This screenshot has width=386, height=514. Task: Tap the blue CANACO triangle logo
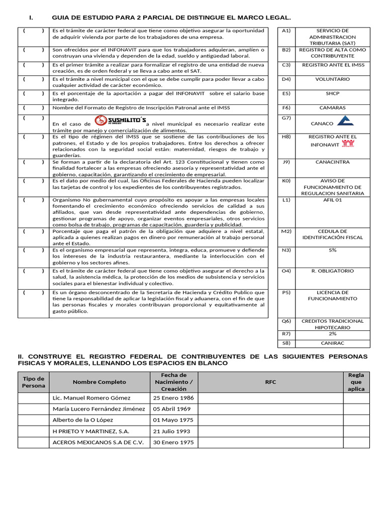(345, 121)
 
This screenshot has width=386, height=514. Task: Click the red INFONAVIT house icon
(348, 144)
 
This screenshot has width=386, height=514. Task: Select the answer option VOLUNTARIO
(332, 79)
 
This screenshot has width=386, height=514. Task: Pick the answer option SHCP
(332, 93)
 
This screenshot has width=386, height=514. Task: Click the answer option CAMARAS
(332, 107)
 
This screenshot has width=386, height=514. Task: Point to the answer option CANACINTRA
(332, 162)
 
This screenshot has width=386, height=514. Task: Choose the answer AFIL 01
(332, 200)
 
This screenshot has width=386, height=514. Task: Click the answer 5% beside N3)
(332, 249)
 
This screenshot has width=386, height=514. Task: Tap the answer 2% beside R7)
(332, 334)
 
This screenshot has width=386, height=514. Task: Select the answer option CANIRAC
(332, 343)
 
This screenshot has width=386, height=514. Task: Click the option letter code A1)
(286, 31)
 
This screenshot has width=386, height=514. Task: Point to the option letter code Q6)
(286, 321)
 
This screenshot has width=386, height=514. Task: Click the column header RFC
(271, 382)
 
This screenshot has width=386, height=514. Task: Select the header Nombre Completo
(100, 382)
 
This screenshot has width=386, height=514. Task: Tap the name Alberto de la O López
(83, 420)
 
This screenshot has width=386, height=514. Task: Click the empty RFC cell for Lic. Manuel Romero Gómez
(271, 398)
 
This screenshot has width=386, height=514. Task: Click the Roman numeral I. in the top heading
(31, 18)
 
